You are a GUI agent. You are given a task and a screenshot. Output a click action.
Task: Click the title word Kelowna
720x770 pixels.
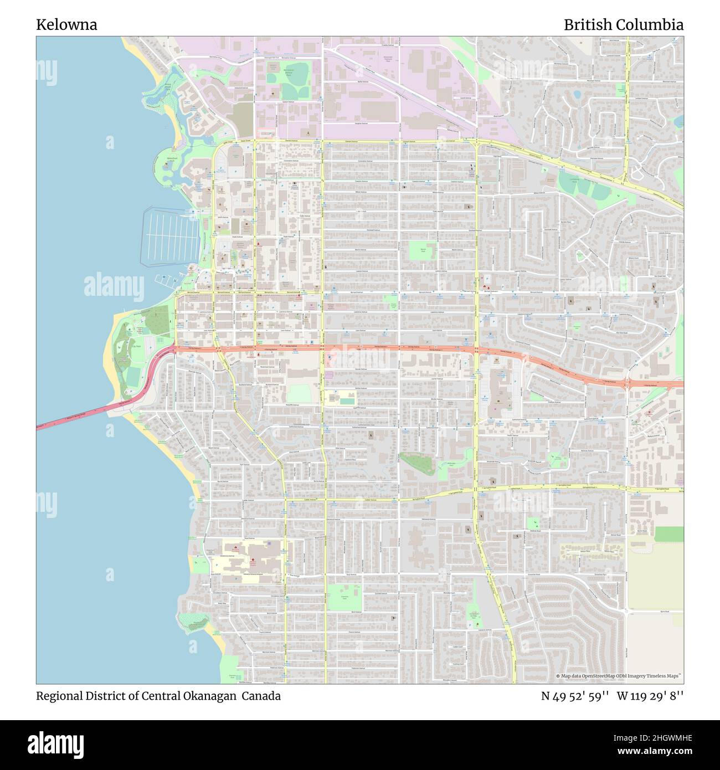[x=66, y=25]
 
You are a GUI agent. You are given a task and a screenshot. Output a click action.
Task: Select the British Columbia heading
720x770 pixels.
[x=623, y=25]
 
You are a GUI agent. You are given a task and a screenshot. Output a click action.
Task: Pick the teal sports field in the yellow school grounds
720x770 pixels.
[x=346, y=401]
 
